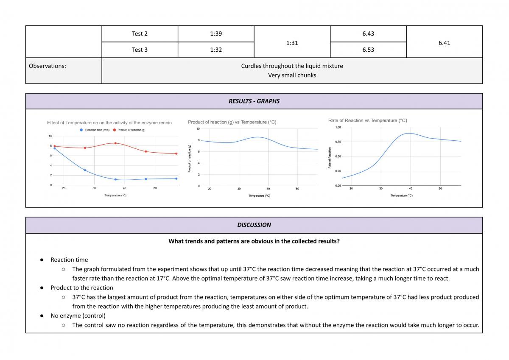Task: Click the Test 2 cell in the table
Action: [140, 33]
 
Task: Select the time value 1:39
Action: [216, 33]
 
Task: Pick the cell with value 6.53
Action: [368, 50]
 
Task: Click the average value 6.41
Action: [444, 43]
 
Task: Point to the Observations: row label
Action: [48, 66]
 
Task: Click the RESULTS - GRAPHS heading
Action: [254, 101]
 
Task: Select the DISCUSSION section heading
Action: [254, 225]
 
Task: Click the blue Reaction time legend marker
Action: [81, 130]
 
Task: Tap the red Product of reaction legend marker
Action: [115, 130]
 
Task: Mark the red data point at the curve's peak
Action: [115, 143]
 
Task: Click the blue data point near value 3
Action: [85, 170]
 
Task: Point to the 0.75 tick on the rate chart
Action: [338, 142]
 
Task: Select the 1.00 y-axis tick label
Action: [338, 127]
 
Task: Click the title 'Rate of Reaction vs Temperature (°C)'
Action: [367, 120]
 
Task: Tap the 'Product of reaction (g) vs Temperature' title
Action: [232, 122]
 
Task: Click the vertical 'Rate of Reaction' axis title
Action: [330, 158]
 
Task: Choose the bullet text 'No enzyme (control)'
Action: [78, 316]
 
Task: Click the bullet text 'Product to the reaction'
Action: [82, 288]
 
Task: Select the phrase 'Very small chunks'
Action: [292, 75]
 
